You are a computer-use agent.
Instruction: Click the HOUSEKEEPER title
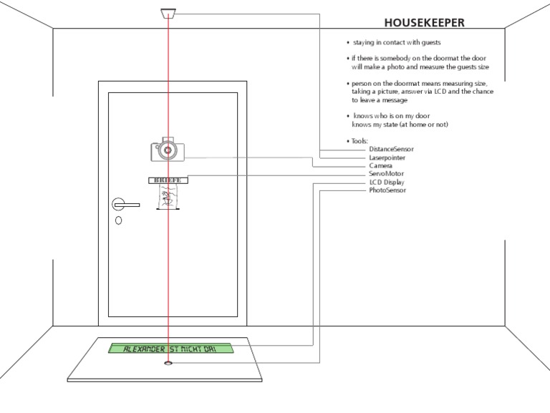[x=424, y=22]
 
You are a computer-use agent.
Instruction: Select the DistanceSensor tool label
[x=391, y=149]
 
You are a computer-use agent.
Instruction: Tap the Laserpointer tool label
[x=387, y=157]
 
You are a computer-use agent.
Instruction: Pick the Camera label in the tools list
[x=380, y=165]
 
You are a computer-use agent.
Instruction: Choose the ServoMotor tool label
[x=387, y=174]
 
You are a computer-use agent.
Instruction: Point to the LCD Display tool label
[x=387, y=183]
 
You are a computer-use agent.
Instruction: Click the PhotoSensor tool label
[x=387, y=190]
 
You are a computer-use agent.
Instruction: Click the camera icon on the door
[x=168, y=150]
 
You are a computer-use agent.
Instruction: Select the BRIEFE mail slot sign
[x=168, y=180]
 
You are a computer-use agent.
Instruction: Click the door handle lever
[x=127, y=205]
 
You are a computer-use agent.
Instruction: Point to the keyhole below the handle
[x=118, y=220]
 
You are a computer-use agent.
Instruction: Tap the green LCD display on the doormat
[x=170, y=349]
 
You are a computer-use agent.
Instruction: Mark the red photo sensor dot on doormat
[x=168, y=363]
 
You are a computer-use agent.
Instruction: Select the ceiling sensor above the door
[x=168, y=14]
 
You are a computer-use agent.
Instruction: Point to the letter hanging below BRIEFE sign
[x=168, y=197]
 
